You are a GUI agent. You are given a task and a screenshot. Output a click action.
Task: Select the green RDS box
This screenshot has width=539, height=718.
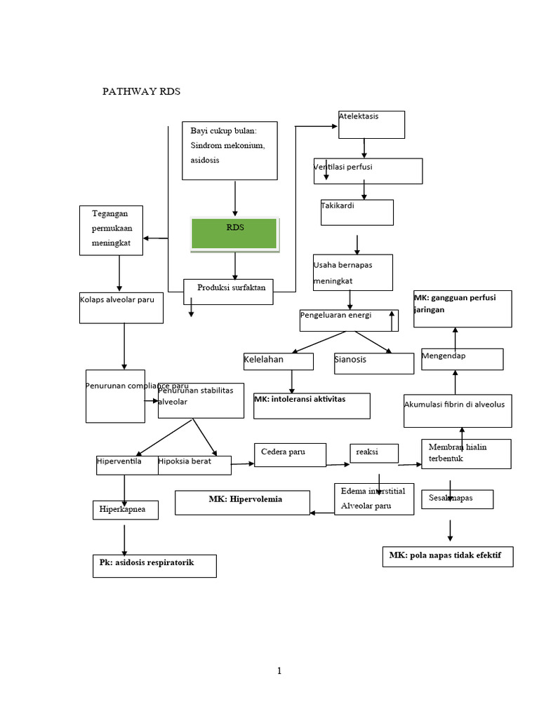(235, 233)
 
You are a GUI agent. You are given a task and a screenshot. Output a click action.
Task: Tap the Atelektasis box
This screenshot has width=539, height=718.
(371, 125)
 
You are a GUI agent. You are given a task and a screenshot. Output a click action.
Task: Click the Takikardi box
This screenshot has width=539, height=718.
(357, 212)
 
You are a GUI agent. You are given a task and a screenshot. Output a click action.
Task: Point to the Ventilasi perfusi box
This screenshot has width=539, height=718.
(368, 170)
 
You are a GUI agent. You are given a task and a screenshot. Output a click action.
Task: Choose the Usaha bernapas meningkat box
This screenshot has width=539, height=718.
(353, 272)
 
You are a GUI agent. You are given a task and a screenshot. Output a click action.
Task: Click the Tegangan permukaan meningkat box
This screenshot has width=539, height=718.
(111, 230)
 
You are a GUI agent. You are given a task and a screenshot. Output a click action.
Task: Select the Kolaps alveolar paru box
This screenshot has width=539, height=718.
(121, 308)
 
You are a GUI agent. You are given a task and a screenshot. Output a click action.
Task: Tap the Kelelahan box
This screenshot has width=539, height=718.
(278, 360)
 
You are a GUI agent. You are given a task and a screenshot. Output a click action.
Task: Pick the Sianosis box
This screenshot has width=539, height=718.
(374, 363)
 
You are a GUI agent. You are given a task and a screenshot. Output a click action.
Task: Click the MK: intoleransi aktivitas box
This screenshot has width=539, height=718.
(312, 405)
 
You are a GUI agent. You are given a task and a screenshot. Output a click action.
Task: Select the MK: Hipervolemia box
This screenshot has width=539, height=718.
(242, 502)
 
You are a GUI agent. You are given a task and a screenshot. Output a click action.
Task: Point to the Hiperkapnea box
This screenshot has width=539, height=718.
(126, 510)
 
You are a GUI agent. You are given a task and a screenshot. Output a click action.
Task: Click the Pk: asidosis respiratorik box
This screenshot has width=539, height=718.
(154, 566)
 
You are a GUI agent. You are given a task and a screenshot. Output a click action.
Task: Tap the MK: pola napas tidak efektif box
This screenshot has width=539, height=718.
(448, 557)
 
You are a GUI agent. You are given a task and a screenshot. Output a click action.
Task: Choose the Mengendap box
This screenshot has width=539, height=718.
(462, 359)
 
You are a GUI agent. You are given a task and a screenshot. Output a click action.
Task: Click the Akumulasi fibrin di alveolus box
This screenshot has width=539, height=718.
(458, 410)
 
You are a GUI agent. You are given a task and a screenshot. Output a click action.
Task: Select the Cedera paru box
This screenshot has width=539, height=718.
(290, 454)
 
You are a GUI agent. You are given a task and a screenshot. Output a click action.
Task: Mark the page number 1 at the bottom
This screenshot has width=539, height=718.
(279, 671)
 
